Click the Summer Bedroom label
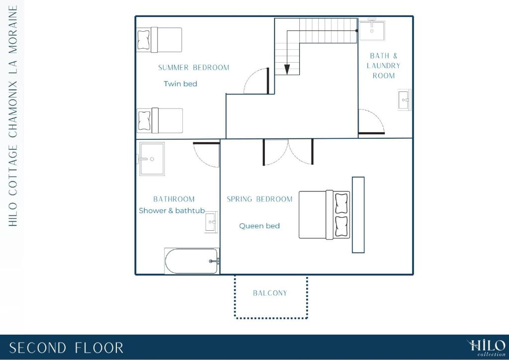click(193, 68)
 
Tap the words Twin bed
click(180, 84)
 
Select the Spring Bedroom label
click(259, 199)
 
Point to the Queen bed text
click(259, 226)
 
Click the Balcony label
click(270, 293)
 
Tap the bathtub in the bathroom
click(192, 261)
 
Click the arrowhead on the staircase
click(287, 70)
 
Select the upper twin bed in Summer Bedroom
click(159, 40)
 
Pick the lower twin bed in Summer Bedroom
click(160, 120)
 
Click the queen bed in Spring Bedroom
click(324, 215)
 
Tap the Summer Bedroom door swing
click(256, 81)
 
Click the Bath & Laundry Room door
click(372, 121)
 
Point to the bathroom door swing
click(207, 155)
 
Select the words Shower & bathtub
click(171, 211)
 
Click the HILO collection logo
click(486, 348)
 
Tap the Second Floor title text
click(66, 348)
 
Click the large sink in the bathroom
click(151, 159)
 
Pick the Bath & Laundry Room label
click(383, 66)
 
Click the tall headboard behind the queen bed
click(358, 215)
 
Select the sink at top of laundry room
click(372, 30)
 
